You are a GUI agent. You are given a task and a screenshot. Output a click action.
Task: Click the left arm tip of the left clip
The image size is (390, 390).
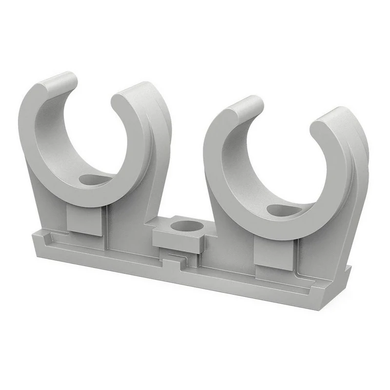[59, 82]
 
